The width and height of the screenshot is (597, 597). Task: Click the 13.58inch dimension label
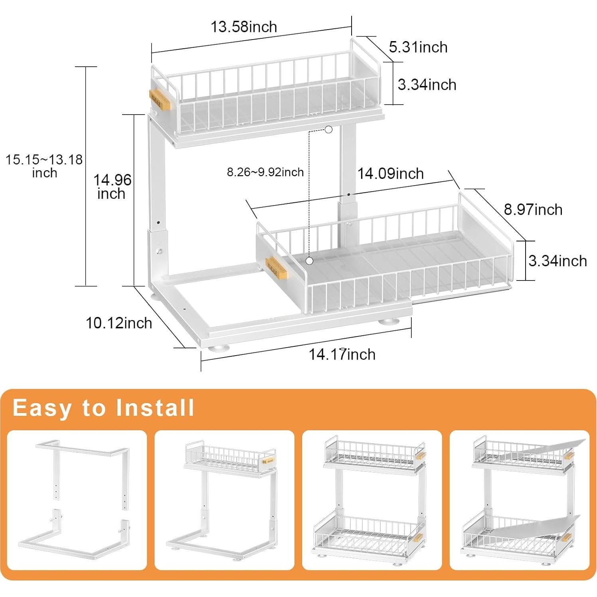pos(243,27)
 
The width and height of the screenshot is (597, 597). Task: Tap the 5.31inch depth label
pos(418,47)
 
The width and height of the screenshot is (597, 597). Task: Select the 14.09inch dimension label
pos(390,174)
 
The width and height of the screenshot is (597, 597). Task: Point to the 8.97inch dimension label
pos(533,210)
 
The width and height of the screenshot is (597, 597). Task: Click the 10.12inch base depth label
pos(119,323)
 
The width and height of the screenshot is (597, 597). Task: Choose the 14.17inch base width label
pos(342,354)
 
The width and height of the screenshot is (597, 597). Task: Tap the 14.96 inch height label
pos(112,187)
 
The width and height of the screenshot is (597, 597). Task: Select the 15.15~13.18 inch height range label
pos(44,166)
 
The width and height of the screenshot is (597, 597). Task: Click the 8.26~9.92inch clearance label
pos(265,172)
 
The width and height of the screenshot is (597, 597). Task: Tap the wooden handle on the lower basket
pos(277,269)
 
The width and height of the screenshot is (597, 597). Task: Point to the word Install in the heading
pos(155,408)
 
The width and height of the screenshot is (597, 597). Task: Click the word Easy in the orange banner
pos(42,408)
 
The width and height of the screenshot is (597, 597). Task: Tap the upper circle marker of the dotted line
pos(328,129)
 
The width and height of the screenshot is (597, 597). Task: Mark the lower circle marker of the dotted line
pos(309,261)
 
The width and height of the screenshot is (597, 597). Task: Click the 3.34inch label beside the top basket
pos(427,85)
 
